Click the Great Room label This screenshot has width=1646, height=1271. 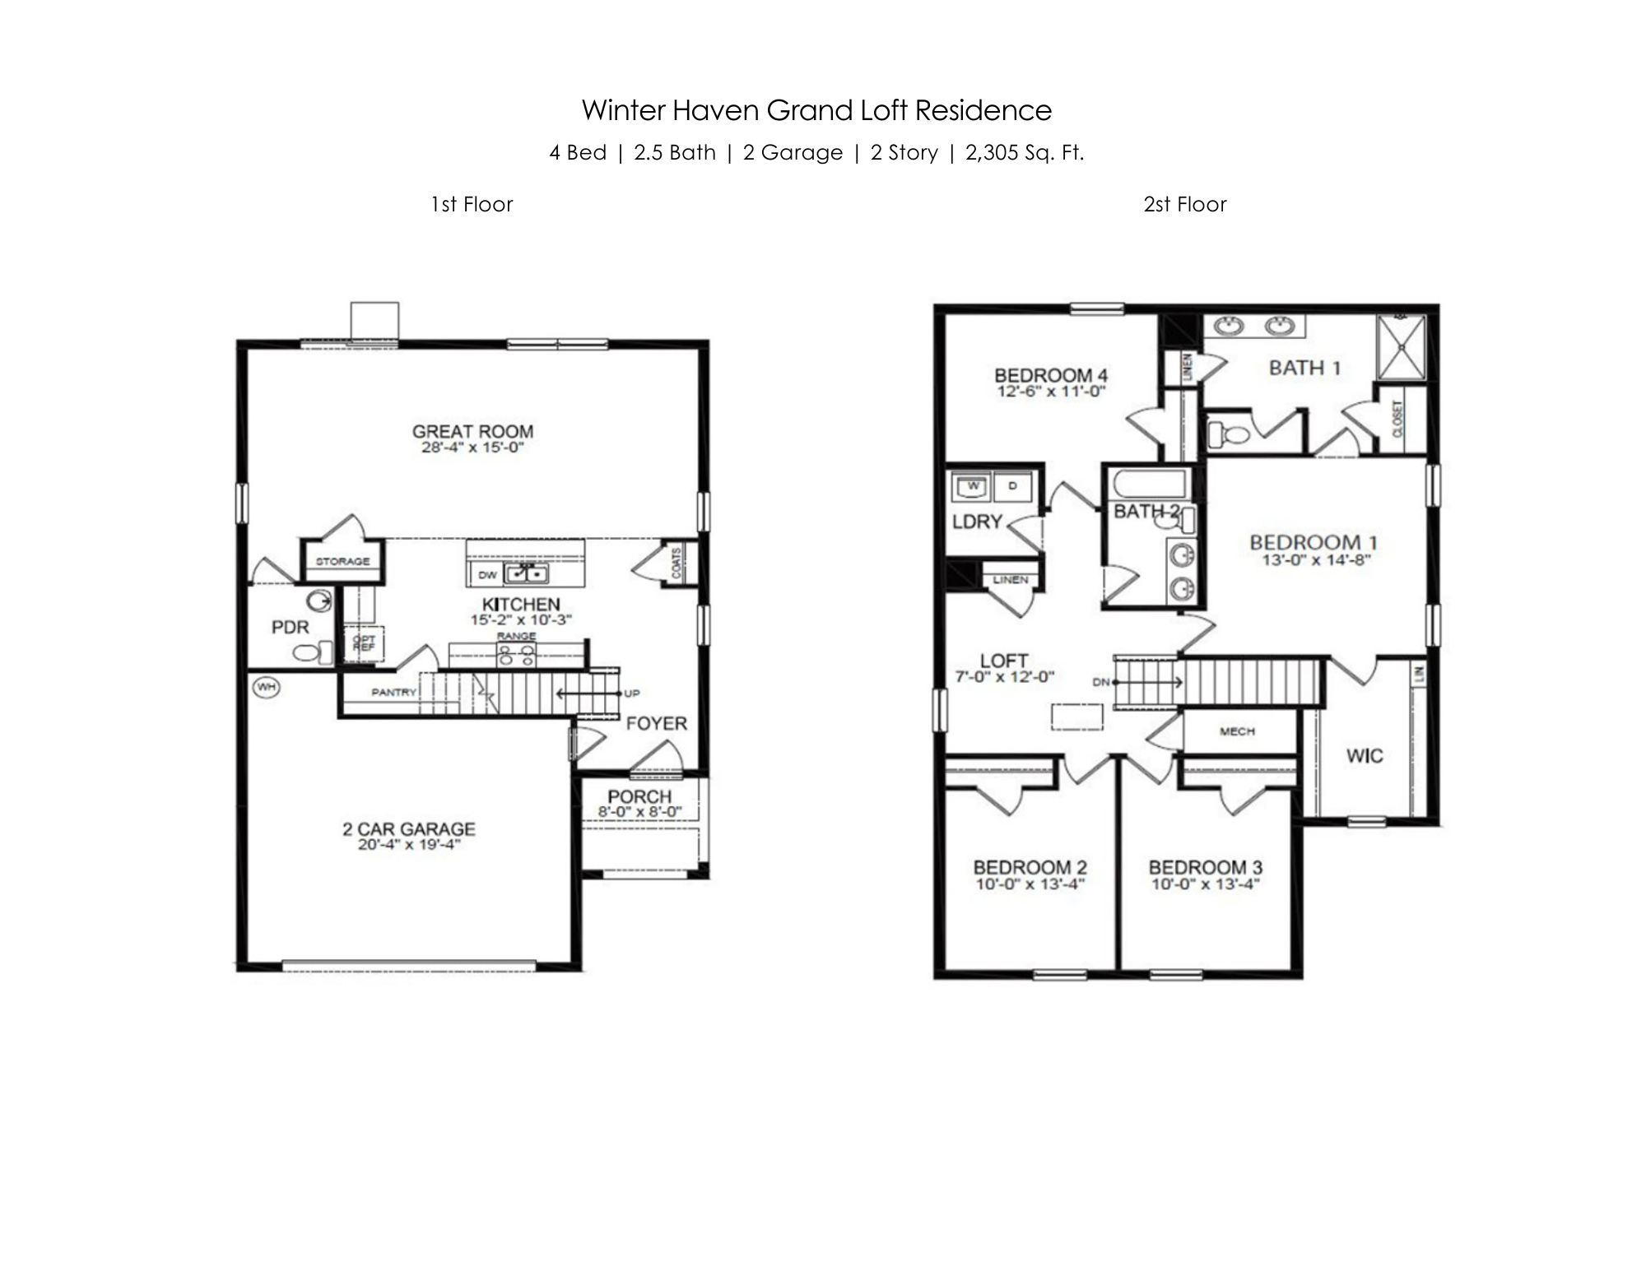pyautogui.click(x=472, y=431)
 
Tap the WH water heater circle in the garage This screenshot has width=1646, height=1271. pyautogui.click(x=266, y=686)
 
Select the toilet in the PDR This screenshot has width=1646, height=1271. pyautogui.click(x=312, y=652)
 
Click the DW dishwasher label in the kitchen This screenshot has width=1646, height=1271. pyautogui.click(x=487, y=574)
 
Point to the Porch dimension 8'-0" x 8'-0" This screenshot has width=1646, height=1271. pyautogui.click(x=639, y=811)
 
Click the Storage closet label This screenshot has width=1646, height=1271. pyautogui.click(x=342, y=561)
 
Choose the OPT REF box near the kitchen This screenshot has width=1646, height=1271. pyautogui.click(x=364, y=643)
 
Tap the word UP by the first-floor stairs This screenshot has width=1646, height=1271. pyautogui.click(x=632, y=693)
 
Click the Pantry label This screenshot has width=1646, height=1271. pyautogui.click(x=393, y=692)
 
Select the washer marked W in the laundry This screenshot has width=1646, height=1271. pyautogui.click(x=973, y=486)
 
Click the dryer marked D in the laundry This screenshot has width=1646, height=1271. pyautogui.click(x=1012, y=486)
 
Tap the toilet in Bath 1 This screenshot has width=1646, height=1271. pyautogui.click(x=1226, y=432)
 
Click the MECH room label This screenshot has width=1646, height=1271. pyautogui.click(x=1237, y=731)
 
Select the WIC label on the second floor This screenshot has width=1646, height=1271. pyautogui.click(x=1364, y=755)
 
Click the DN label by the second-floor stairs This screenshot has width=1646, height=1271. pyautogui.click(x=1101, y=682)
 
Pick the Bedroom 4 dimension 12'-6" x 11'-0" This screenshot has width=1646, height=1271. pyautogui.click(x=1051, y=392)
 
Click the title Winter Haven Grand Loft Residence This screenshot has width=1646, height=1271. pyautogui.click(x=816, y=110)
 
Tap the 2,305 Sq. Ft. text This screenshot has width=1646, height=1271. pyautogui.click(x=1025, y=153)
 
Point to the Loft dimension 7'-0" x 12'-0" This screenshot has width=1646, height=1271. pyautogui.click(x=1004, y=677)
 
